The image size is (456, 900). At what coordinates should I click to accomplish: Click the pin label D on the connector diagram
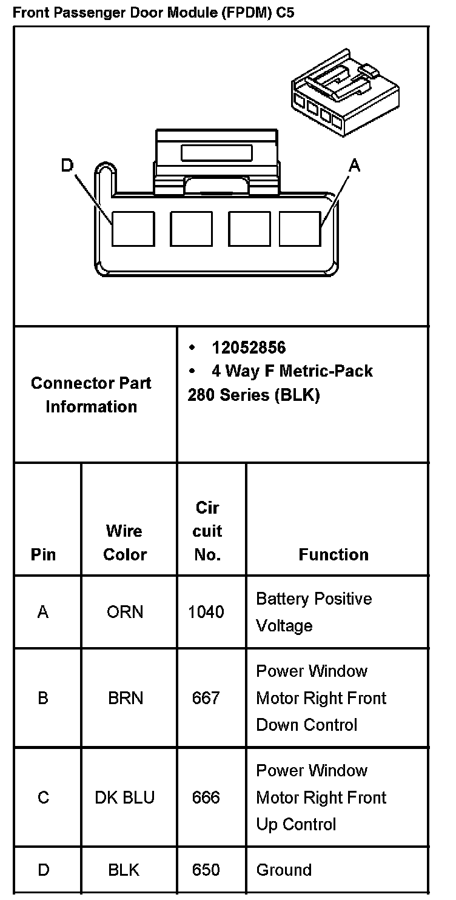[x=67, y=165]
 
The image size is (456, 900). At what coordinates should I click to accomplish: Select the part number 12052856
[x=248, y=348]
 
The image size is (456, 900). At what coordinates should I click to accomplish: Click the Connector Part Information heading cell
[x=91, y=394]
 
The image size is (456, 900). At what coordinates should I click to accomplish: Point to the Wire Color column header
[x=124, y=542]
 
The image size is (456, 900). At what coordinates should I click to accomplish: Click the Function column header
[x=333, y=554]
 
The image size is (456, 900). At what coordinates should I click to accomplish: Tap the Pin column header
[x=43, y=554]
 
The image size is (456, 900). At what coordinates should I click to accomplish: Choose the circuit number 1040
[x=206, y=612]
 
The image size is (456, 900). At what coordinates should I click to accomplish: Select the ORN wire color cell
[x=125, y=612]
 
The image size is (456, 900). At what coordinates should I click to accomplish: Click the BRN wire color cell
[x=126, y=698]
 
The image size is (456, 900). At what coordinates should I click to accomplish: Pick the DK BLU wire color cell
[x=124, y=797]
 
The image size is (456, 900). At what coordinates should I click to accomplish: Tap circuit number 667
[x=206, y=698]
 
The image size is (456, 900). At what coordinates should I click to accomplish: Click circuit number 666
[x=206, y=797]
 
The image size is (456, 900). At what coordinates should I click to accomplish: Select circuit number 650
[x=206, y=870]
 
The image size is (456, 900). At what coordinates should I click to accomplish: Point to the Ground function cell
[x=284, y=870]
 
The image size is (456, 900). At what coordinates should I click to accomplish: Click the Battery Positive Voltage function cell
[x=313, y=612]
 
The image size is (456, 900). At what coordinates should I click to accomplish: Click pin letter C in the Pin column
[x=43, y=797]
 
